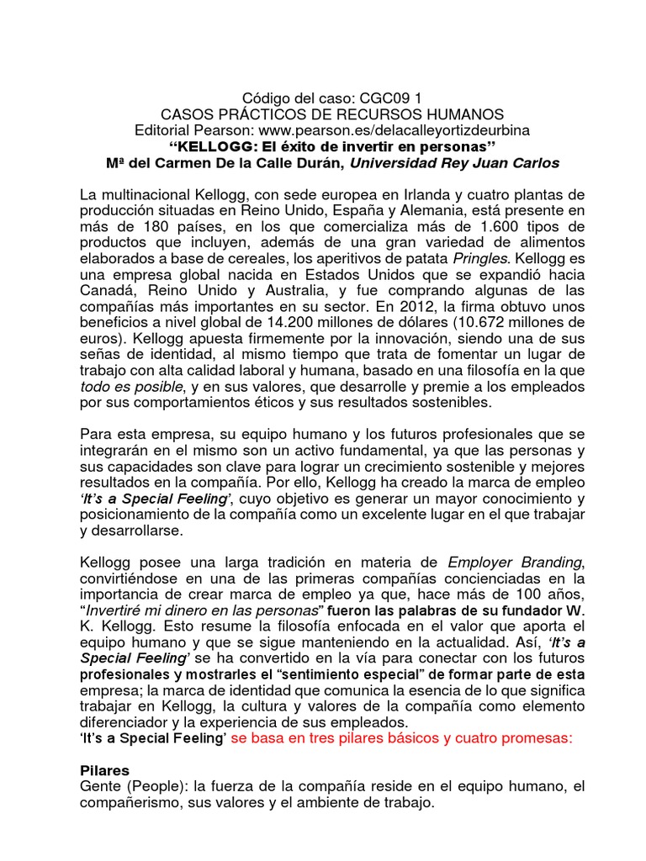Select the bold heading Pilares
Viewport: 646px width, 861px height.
pyautogui.click(x=106, y=770)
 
